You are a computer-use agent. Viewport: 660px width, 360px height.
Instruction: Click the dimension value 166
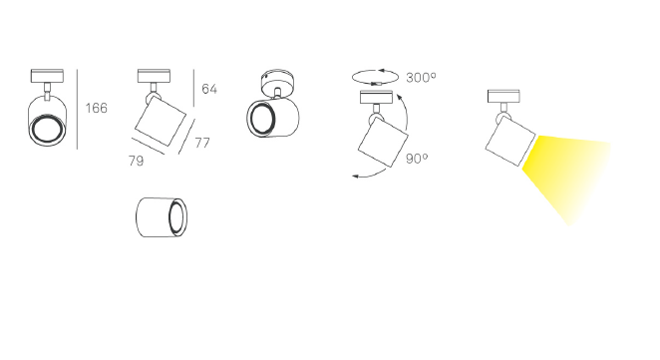[97, 109]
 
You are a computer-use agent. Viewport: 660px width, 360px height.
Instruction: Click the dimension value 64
[209, 89]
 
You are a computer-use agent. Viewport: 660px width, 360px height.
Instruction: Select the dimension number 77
[202, 144]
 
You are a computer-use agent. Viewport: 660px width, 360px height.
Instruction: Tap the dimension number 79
[136, 161]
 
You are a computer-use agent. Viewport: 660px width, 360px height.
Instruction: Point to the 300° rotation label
[421, 78]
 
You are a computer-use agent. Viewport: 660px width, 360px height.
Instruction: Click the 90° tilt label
[417, 159]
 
